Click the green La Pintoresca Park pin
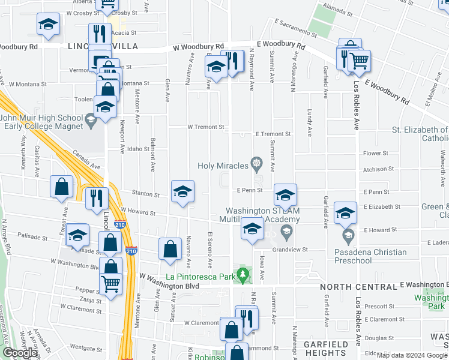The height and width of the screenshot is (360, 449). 243,275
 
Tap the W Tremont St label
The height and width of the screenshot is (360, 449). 205,127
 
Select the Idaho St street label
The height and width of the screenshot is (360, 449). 137,149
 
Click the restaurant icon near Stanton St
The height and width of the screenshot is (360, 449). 97,197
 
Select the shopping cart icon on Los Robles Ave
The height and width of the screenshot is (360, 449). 359,60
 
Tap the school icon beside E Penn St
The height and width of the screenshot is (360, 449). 285,194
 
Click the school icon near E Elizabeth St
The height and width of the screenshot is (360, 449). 345,212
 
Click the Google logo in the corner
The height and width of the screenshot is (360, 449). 20,353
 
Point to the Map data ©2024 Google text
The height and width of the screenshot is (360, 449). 412,355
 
